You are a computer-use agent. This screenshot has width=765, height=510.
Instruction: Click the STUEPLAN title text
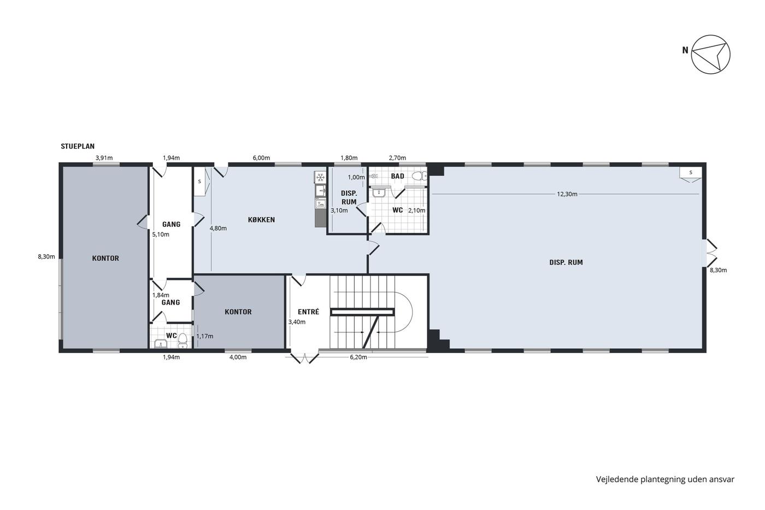[x=78, y=146]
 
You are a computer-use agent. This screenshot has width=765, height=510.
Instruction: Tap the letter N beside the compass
[x=685, y=50]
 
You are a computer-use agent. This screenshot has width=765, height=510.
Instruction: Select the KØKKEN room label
[x=261, y=220]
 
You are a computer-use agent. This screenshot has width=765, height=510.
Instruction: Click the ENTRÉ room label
[x=308, y=312]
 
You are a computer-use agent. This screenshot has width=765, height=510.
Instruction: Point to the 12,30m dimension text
[x=567, y=194]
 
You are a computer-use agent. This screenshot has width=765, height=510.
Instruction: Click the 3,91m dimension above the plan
[x=104, y=158]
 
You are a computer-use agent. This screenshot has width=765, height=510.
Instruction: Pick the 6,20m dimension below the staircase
[x=358, y=357]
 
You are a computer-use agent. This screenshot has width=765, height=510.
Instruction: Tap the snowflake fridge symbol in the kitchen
[x=320, y=177]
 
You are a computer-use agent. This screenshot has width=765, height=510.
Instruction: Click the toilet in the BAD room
[x=420, y=176]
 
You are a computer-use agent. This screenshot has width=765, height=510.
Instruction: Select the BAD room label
[x=398, y=176]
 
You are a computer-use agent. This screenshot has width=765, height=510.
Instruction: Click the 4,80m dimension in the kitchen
[x=218, y=228]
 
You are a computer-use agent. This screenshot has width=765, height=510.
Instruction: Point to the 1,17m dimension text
[x=204, y=336]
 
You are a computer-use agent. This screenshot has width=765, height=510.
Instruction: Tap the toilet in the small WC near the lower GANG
[x=183, y=340]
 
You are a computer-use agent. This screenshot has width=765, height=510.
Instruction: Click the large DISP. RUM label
[x=566, y=262]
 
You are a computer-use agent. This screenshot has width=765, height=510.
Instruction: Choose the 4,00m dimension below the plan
[x=238, y=357]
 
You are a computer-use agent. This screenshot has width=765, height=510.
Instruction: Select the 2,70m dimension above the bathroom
[x=398, y=158]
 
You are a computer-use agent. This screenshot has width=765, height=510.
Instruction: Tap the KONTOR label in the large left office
[x=105, y=258]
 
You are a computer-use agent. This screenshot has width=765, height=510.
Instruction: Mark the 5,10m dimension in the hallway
[x=161, y=235]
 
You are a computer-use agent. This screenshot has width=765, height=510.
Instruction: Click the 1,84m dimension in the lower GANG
[x=161, y=295]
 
